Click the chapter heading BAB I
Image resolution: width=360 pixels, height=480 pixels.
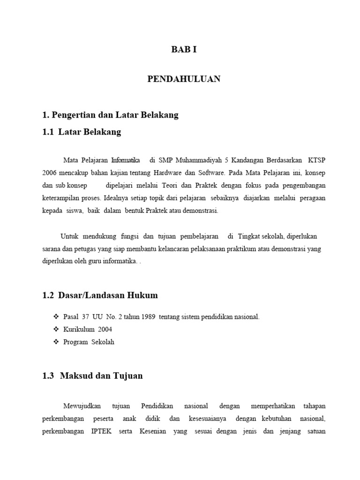(x=184, y=49)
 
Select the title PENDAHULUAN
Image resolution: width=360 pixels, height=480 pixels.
(x=184, y=79)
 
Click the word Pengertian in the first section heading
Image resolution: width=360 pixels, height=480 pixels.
(x=74, y=115)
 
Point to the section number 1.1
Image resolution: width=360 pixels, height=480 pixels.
(x=48, y=132)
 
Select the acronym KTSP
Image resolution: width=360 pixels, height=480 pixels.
(x=316, y=160)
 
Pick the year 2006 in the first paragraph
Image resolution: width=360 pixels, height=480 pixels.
(x=49, y=172)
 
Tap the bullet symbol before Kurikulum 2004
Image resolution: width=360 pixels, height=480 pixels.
(x=57, y=330)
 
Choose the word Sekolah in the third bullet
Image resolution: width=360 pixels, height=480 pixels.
(x=103, y=342)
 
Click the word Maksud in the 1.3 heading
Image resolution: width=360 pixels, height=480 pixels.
(x=76, y=376)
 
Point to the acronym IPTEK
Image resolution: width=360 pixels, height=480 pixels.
(x=101, y=431)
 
